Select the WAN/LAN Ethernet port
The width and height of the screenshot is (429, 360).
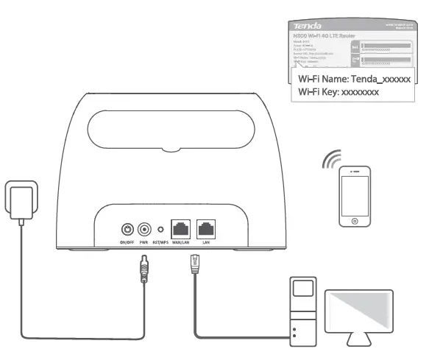click(x=180, y=229)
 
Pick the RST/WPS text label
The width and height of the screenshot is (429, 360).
click(x=162, y=241)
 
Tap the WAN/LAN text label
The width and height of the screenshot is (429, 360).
click(x=180, y=241)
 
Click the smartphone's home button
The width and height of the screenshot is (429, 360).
click(x=355, y=219)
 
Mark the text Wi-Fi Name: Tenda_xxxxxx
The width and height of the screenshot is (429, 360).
click(x=360, y=78)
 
